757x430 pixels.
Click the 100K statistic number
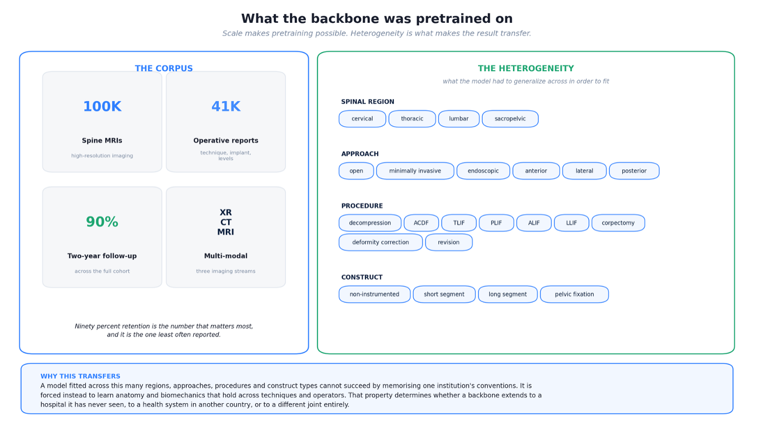102,106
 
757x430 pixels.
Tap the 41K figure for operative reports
226,106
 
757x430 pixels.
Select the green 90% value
102,222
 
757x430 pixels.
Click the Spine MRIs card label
102,140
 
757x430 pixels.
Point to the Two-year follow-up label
102,256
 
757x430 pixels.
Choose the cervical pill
362,119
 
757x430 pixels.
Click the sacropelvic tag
510,119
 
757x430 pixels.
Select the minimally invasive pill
415,171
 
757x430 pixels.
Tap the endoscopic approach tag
483,171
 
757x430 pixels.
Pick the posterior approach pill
634,171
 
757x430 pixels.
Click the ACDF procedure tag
421,223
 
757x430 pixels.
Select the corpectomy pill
618,223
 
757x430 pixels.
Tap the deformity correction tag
381,242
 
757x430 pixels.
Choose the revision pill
449,242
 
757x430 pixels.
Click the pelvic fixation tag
574,294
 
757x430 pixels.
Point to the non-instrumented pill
375,294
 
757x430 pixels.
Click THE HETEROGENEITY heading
526,68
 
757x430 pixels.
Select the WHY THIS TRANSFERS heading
81,376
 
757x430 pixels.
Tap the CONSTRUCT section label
362,277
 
